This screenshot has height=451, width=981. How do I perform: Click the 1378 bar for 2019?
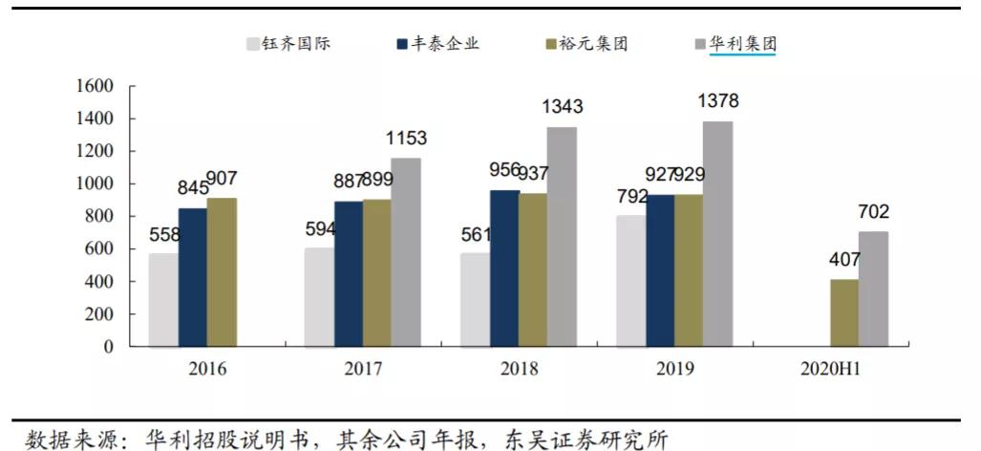click(717, 234)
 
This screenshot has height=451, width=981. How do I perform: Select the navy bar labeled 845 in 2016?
click(192, 277)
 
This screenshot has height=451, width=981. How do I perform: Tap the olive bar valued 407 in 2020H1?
click(843, 313)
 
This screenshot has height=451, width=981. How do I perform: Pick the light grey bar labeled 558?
click(162, 300)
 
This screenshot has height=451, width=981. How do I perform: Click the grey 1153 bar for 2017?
click(406, 252)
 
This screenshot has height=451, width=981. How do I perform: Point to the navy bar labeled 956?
click(504, 268)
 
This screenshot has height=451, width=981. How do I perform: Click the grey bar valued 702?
click(872, 290)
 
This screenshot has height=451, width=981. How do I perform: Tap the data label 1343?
click(562, 107)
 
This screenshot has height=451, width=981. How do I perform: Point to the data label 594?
click(320, 228)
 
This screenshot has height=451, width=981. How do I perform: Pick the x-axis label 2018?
click(519, 369)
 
